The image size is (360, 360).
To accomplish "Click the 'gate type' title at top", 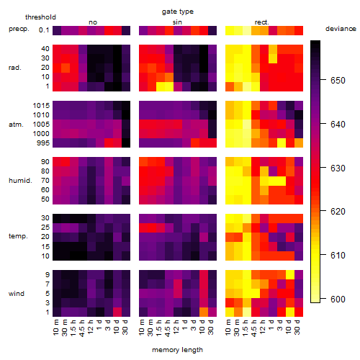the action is (x=178, y=12).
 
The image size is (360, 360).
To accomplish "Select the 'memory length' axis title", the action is (x=177, y=350).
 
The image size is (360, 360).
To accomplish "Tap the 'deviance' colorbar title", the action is (x=341, y=29).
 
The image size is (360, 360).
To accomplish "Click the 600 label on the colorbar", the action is (x=338, y=300).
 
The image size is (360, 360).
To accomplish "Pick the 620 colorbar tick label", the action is (x=338, y=212).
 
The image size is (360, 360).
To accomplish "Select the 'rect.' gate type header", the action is (x=261, y=22).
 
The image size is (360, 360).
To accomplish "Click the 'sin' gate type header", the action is (x=177, y=22).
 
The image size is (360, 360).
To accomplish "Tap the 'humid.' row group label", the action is (x=20, y=181).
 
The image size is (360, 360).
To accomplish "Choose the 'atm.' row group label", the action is (x=16, y=125).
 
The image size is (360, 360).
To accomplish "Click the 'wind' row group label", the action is (x=17, y=294).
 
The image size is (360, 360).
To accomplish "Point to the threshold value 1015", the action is (x=41, y=106).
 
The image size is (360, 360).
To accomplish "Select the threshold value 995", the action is (x=43, y=143).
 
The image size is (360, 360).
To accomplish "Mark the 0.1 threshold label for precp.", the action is (x=44, y=30).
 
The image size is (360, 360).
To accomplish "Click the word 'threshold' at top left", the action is (x=40, y=17).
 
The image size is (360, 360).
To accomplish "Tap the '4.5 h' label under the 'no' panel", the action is (x=81, y=328).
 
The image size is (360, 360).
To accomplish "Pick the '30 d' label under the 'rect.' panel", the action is (x=297, y=328).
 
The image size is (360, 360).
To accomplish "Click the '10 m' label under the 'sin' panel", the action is (x=142, y=328).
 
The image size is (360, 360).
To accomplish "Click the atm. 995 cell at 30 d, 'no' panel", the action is (x=126, y=143).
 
